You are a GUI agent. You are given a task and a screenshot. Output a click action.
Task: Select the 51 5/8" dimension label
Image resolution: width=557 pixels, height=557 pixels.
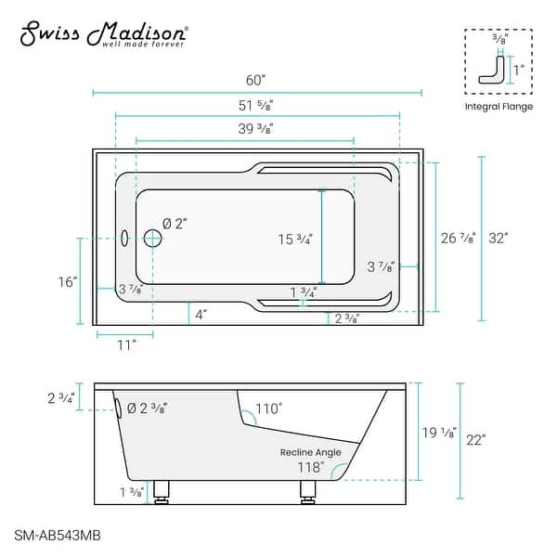[257, 103]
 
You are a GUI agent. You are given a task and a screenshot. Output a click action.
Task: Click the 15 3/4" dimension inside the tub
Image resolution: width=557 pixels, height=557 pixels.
[296, 240]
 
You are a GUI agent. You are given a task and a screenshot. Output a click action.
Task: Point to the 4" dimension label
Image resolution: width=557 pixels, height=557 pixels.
[201, 314]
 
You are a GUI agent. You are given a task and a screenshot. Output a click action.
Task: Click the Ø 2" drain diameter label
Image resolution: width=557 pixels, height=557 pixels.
[175, 224]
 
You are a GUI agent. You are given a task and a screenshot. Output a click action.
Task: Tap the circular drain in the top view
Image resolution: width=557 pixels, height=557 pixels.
[152, 239]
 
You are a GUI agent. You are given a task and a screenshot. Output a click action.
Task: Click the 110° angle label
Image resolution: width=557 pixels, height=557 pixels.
[270, 408]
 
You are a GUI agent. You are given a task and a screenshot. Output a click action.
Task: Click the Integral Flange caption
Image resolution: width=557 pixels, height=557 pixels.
[499, 107]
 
